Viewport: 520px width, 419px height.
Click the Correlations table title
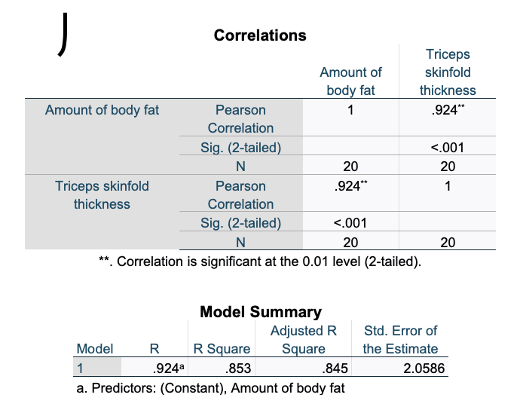pos(260,35)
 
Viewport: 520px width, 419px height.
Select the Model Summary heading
pos(260,311)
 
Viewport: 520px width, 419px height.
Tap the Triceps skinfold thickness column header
pos(448,72)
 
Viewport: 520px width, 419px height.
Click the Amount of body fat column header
pos(350,81)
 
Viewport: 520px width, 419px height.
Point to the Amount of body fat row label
pos(102,110)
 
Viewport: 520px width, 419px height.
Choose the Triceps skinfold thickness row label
pos(102,194)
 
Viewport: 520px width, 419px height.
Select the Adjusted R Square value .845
pos(335,369)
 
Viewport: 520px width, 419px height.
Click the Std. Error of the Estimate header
pos(400,339)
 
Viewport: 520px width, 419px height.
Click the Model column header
pos(95,348)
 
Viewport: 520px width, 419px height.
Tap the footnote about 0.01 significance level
pos(260,262)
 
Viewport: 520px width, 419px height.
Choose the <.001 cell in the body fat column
pos(350,223)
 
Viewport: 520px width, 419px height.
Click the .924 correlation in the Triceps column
pos(445,110)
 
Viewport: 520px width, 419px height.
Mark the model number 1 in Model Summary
pos(79,369)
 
